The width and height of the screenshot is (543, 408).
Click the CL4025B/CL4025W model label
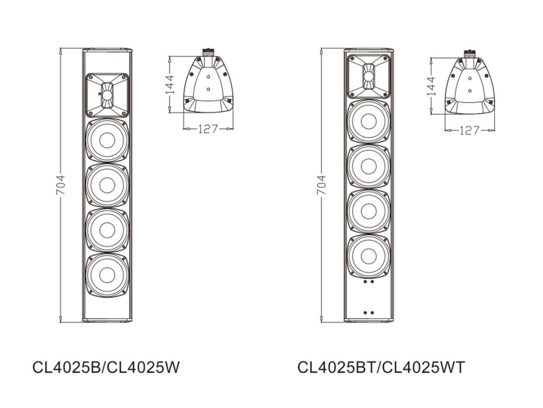point(106,367)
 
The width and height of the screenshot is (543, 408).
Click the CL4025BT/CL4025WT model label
point(381,367)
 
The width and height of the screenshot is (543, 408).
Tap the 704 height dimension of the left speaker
point(60,185)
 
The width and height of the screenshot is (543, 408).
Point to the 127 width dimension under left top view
point(208,129)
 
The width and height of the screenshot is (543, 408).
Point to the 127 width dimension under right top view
point(469,130)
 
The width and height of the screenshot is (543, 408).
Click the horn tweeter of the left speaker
point(107,95)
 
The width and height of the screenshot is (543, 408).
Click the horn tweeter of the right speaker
point(368,76)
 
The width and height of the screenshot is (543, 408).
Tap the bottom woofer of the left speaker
point(107,274)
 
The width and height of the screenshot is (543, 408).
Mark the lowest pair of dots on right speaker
point(368,313)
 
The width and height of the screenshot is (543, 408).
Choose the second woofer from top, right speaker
point(368,166)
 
